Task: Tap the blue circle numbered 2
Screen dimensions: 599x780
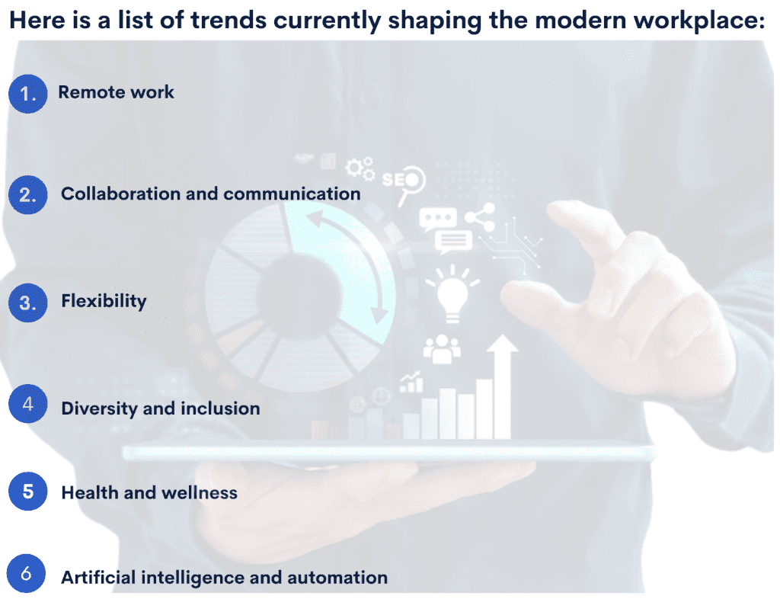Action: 28,194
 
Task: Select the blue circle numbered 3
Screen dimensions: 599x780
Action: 28,303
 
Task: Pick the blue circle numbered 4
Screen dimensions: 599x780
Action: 28,405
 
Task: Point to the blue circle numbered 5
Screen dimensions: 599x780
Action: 28,492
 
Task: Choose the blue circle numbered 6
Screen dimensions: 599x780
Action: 26,574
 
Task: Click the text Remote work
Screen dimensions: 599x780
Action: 116,92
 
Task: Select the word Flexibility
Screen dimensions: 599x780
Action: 104,301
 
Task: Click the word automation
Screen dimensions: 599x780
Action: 337,578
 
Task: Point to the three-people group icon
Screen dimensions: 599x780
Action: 442,348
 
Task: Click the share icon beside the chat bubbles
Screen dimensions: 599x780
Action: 480,219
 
